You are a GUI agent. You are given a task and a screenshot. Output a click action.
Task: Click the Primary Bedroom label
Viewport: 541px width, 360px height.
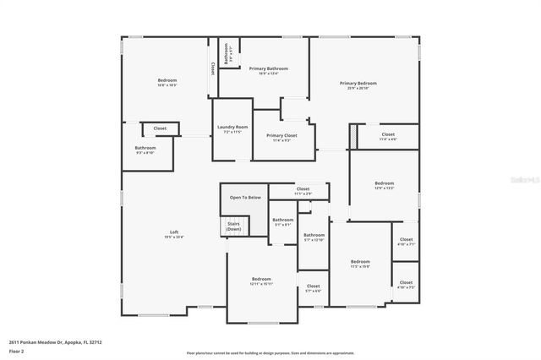click(x=358, y=84)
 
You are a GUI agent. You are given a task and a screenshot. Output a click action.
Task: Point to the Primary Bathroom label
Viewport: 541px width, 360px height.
click(x=267, y=69)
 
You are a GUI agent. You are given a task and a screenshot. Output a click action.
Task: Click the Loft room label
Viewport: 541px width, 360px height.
click(x=174, y=233)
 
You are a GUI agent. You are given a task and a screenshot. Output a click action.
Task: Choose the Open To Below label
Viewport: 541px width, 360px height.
click(x=244, y=198)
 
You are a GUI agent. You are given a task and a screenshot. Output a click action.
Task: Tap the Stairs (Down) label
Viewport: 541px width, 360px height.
click(x=233, y=226)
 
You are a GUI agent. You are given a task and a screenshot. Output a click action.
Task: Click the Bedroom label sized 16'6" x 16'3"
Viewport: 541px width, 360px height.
click(x=167, y=81)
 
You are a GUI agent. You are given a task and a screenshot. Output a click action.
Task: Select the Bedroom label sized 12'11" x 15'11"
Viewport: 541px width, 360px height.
click(x=260, y=279)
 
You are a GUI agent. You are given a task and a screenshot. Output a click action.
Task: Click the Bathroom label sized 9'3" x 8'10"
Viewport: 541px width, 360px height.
click(x=145, y=149)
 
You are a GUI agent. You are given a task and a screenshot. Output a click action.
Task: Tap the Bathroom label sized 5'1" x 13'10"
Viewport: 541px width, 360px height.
click(x=314, y=236)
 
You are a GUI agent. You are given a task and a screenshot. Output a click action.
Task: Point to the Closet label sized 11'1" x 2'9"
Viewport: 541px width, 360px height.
click(x=303, y=189)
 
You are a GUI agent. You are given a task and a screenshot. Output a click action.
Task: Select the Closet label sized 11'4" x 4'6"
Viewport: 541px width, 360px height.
click(x=388, y=135)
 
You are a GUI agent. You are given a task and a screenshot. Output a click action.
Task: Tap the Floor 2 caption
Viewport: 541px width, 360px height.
click(x=16, y=350)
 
